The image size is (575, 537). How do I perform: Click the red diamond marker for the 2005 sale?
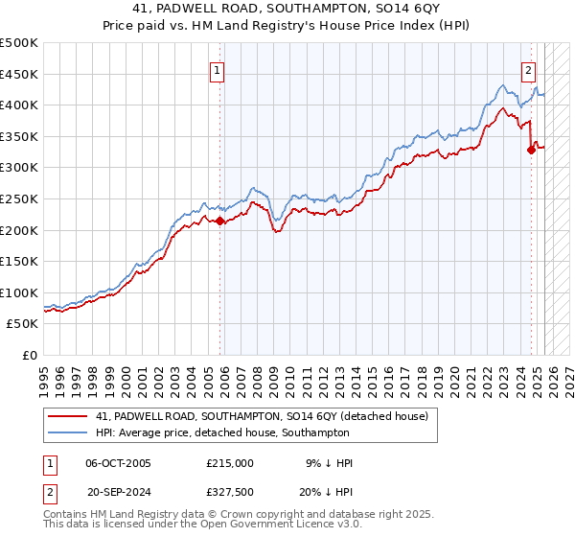pyautogui.click(x=219, y=221)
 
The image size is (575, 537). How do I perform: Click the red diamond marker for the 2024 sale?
pyautogui.click(x=531, y=150)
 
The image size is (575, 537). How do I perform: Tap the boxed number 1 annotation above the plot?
pyautogui.click(x=218, y=69)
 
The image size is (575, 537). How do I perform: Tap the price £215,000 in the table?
pyautogui.click(x=229, y=463)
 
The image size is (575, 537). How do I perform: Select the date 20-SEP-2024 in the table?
pyautogui.click(x=119, y=490)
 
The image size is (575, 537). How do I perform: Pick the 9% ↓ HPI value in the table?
pyautogui.click(x=329, y=463)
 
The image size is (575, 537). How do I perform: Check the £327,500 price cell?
pyautogui.click(x=229, y=490)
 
